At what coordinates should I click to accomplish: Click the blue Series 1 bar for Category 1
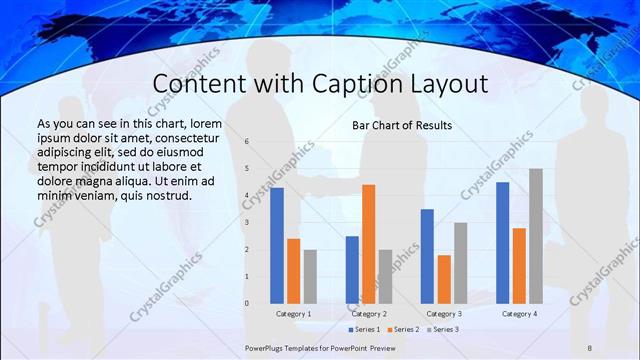[x=277, y=245]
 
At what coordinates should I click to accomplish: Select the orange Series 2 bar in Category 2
[x=368, y=244]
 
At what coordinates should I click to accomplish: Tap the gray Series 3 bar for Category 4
[x=535, y=236]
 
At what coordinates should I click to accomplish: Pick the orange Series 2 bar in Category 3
[x=443, y=279]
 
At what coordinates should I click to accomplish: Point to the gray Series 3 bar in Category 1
[x=310, y=276]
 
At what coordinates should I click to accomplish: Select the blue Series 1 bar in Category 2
[x=352, y=269]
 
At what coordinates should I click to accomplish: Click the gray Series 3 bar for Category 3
[x=460, y=263]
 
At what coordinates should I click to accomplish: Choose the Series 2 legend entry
[x=404, y=329]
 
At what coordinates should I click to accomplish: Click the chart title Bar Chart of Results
[x=402, y=126]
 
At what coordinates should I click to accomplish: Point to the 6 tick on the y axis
[x=246, y=142]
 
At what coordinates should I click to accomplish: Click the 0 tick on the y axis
[x=246, y=303]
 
